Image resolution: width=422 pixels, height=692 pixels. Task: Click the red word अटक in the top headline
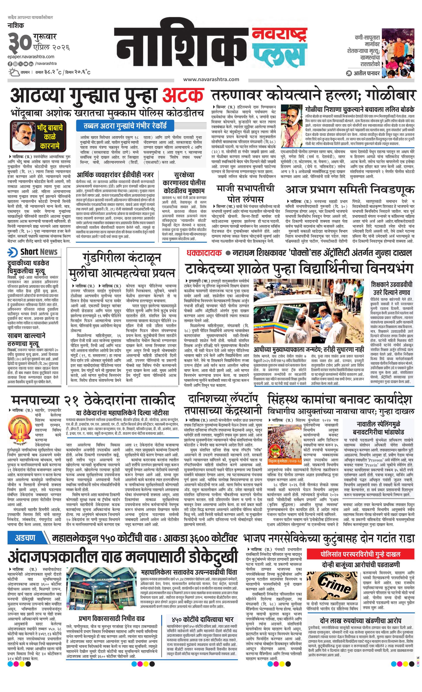pyautogui.click(x=184, y=96)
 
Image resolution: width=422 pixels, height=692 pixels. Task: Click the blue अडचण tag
pyautogui.click(x=25, y=538)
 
